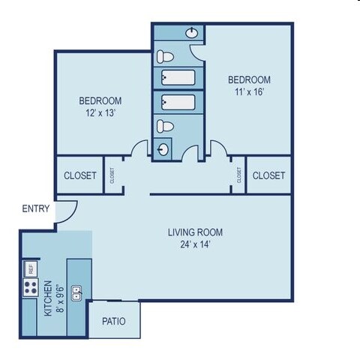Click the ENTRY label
coord(35,208)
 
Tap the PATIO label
coord(113,322)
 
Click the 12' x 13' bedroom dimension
coord(100,113)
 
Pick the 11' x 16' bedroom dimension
coord(249,92)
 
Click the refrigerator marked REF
coord(31,268)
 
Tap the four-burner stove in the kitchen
coord(31,287)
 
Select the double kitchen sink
coord(76,292)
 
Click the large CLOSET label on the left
coord(79,175)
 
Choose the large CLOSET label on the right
coord(268,175)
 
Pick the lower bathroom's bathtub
coord(178,102)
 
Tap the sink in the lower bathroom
coord(163,148)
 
